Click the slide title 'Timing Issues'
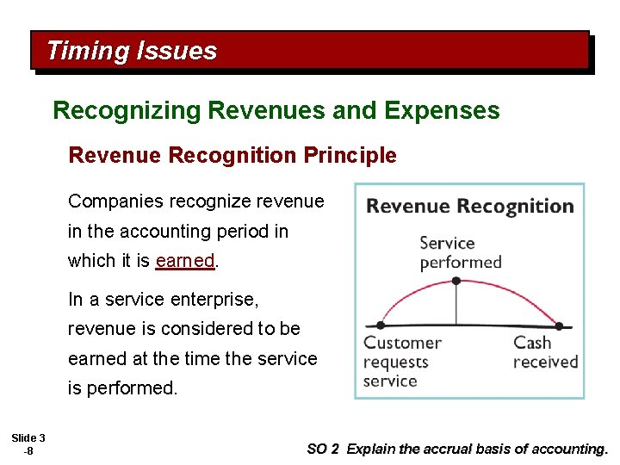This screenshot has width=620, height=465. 132,51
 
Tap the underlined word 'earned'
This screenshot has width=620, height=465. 184,261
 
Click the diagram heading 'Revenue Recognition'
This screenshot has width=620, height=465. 470,207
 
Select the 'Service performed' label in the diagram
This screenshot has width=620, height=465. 460,252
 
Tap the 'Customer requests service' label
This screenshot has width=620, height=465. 402,362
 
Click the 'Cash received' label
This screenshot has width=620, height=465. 544,352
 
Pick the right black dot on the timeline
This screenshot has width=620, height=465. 560,326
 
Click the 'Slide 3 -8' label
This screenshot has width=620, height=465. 29,444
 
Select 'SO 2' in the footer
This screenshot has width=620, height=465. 323,449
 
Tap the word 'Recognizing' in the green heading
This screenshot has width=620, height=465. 127,111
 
